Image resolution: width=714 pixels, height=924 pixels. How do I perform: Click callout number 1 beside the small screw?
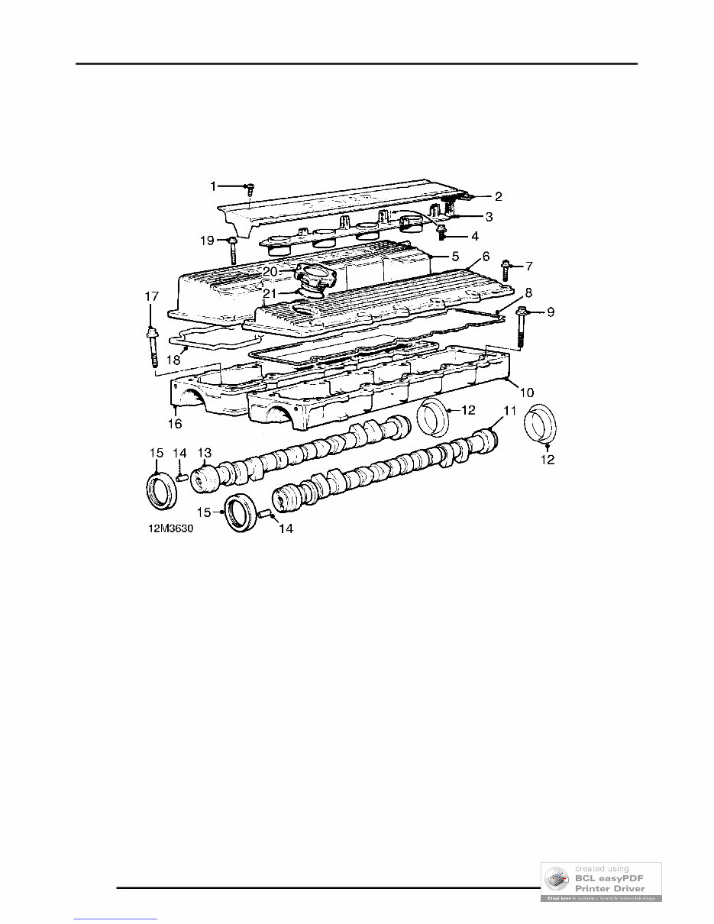coord(214,186)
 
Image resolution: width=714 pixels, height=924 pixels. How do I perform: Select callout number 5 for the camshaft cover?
coord(454,256)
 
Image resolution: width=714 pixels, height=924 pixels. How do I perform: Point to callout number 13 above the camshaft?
coord(204,452)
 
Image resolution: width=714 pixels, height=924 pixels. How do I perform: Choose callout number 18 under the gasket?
coord(173,358)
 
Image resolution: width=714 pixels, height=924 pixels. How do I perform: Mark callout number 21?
coord(270,292)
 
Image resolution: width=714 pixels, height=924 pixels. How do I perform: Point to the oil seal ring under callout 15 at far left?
coord(160,490)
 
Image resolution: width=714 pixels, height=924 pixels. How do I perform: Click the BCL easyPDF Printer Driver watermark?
coord(601,882)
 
